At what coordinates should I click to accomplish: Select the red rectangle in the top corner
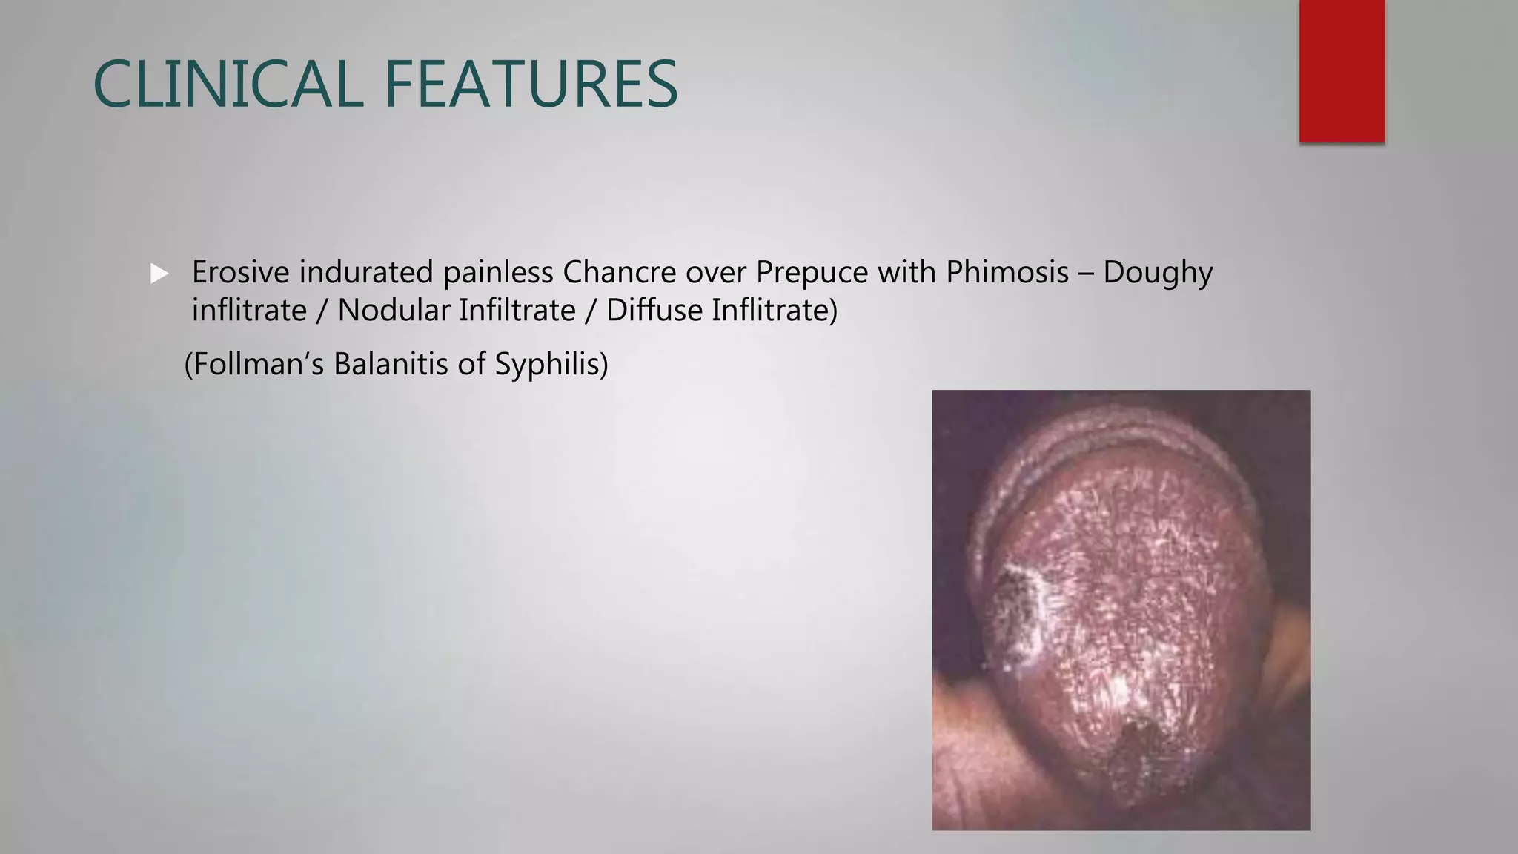(1342, 71)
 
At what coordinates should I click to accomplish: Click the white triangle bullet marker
(159, 274)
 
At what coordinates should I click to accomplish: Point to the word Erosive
(240, 272)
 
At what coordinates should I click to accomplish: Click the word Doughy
(1158, 274)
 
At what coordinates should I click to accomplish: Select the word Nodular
(393, 310)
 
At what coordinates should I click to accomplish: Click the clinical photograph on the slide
(1121, 609)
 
